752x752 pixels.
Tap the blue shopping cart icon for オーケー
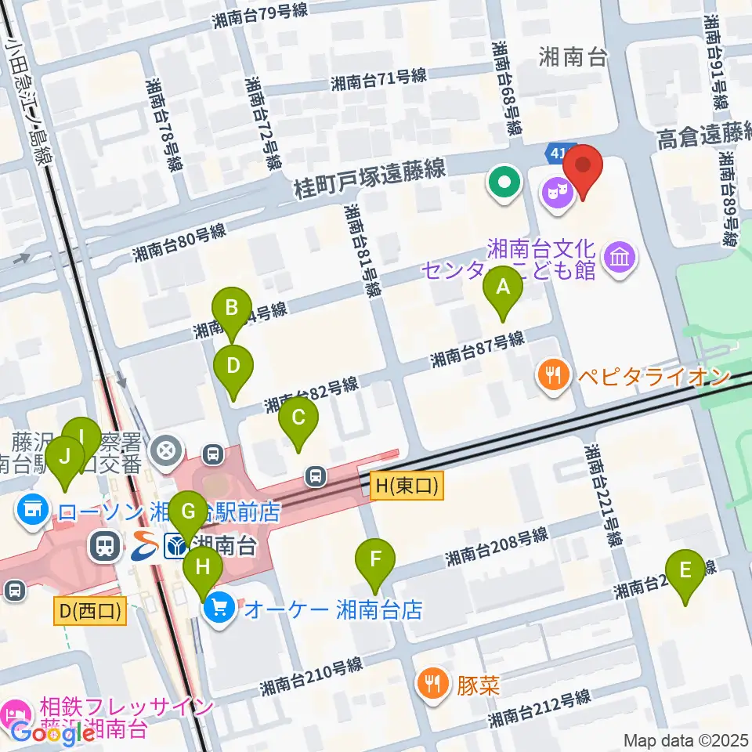pyautogui.click(x=219, y=609)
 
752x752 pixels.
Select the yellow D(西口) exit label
pyautogui.click(x=91, y=611)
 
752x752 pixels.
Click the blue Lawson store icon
pyautogui.click(x=31, y=513)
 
